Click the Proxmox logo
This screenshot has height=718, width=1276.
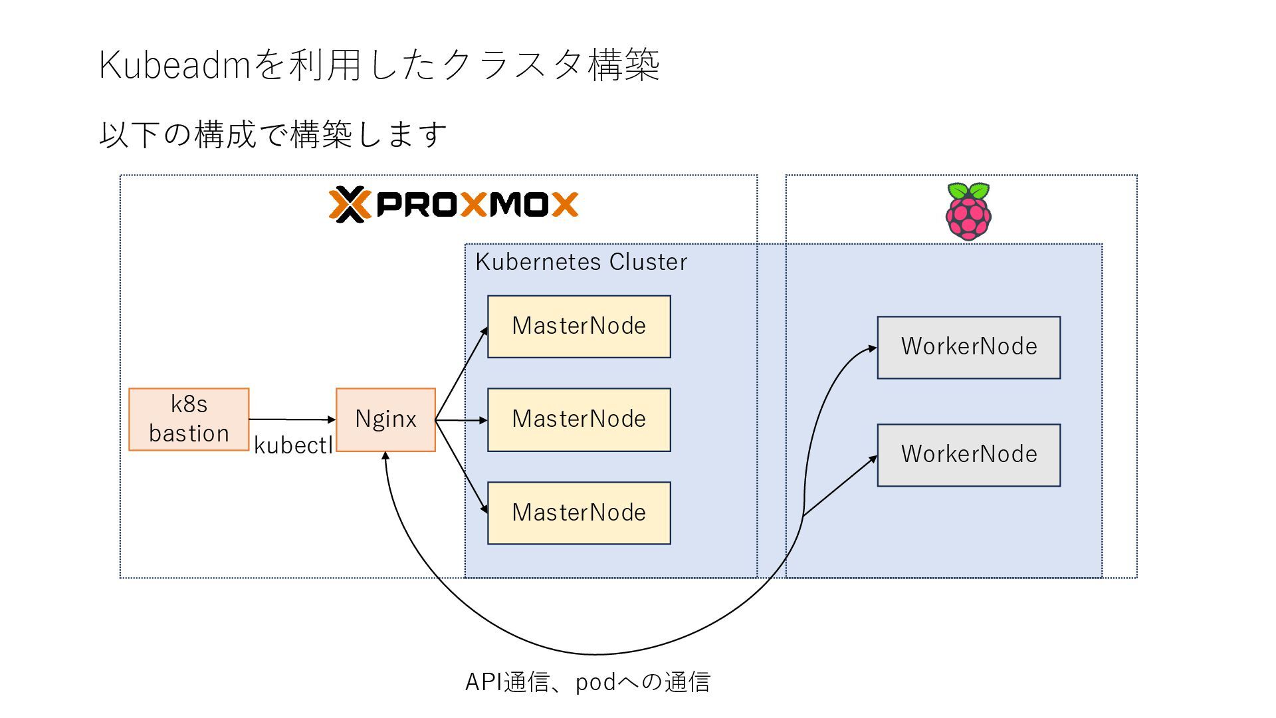(453, 204)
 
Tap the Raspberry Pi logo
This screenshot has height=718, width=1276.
(968, 211)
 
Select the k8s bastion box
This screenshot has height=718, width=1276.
(189, 419)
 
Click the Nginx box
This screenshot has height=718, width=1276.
(385, 419)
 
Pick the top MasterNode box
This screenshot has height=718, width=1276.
(579, 326)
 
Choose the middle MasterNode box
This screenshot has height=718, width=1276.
(579, 419)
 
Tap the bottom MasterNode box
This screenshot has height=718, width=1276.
(579, 513)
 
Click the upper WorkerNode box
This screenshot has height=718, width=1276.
(968, 347)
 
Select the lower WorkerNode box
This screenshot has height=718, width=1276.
(968, 455)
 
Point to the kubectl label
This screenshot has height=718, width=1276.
(293, 445)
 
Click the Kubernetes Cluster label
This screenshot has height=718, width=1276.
(581, 262)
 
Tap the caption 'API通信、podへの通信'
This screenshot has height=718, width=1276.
(587, 682)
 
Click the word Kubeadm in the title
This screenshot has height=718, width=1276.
(174, 65)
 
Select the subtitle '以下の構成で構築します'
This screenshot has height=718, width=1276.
(272, 134)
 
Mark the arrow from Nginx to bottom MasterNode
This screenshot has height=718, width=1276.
(461, 466)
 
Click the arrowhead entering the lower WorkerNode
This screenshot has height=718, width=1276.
(873, 459)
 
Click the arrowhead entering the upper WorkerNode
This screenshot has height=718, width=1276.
(872, 348)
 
